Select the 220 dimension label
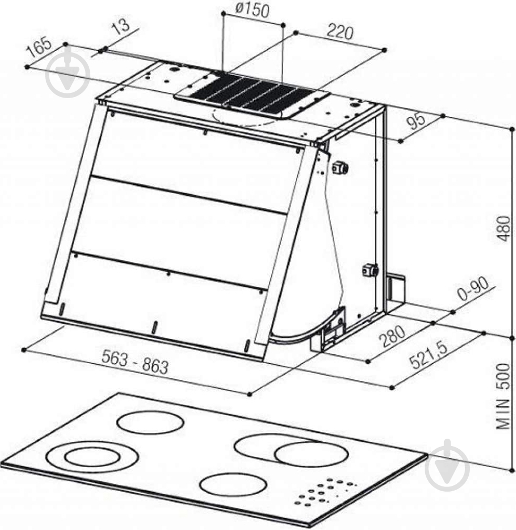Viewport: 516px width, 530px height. coord(340,32)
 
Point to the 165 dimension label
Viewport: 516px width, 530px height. coord(39,47)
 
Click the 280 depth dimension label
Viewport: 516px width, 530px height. coord(392,336)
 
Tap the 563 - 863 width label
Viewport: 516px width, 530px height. coord(135,362)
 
